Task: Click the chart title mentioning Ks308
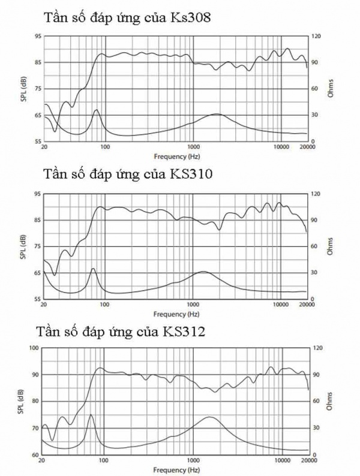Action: point(127,17)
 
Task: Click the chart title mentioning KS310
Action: point(129,174)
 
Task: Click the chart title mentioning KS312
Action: point(121,332)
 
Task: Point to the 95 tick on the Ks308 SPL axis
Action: point(37,36)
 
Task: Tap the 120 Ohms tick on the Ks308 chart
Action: point(316,36)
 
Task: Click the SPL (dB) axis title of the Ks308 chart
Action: point(23,88)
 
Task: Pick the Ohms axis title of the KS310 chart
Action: point(329,246)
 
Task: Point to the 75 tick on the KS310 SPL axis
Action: point(37,246)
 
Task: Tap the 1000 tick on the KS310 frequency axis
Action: point(193,305)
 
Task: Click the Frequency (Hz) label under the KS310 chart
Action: point(176,314)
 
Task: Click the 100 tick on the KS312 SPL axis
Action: point(35,348)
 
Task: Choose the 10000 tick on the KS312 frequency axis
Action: point(281,461)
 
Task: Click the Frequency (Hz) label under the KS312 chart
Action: point(176,469)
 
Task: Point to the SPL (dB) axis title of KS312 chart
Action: point(21,400)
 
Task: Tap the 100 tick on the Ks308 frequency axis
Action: point(105,147)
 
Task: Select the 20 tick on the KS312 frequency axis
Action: point(42,461)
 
